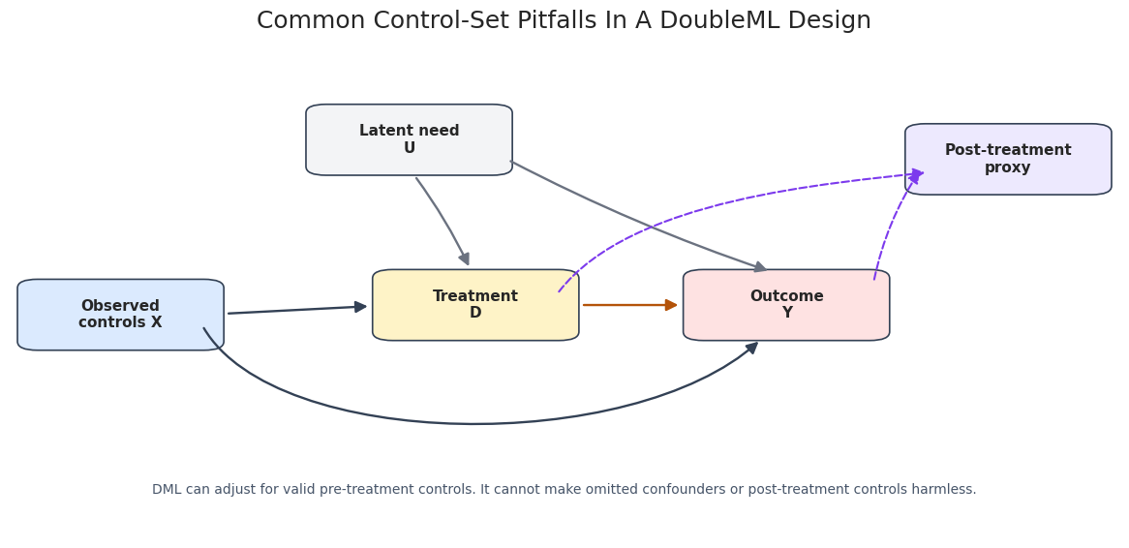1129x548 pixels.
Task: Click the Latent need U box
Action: click(409, 139)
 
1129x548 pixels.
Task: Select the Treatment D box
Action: click(475, 305)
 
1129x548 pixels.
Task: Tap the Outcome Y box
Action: click(786, 305)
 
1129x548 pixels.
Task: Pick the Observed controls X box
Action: click(120, 315)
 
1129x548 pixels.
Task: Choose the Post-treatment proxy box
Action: click(1008, 159)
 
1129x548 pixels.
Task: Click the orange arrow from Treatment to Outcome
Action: click(630, 305)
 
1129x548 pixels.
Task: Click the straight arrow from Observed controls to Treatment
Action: click(297, 310)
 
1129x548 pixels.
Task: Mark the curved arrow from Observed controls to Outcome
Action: click(475, 423)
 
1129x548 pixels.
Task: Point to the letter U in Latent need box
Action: click(409, 148)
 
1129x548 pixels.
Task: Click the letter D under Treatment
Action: click(475, 314)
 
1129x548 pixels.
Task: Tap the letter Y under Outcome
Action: click(787, 314)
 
